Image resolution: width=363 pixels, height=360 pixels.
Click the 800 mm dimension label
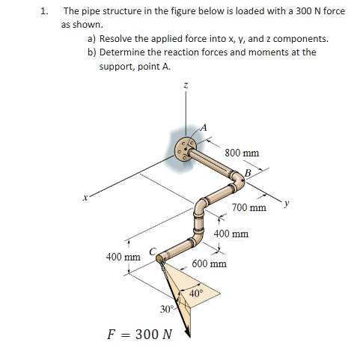242,153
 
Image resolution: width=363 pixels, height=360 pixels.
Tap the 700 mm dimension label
249,207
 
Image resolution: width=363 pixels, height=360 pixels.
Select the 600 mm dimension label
209,264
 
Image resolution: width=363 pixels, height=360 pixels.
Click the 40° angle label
197,293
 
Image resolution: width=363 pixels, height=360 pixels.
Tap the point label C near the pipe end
153,251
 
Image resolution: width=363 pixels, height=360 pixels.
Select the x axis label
86,199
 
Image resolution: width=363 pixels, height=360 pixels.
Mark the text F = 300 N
141,332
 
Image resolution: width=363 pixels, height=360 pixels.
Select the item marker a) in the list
92,37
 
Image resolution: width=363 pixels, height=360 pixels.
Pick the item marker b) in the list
92,52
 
